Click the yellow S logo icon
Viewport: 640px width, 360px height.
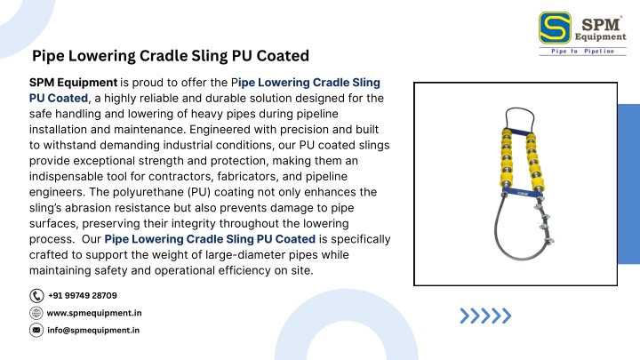(555, 28)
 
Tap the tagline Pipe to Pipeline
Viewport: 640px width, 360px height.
(582, 51)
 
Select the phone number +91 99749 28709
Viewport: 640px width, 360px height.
(83, 295)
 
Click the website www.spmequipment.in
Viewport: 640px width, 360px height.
(94, 313)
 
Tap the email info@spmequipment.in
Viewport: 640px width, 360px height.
(93, 330)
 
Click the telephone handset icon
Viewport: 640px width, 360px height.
(36, 295)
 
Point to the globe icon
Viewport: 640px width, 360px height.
(36, 313)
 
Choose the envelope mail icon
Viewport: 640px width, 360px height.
(36, 330)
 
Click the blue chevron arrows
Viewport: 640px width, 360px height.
(485, 316)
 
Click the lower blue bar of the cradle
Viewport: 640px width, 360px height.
(522, 191)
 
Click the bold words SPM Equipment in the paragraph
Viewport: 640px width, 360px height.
(73, 83)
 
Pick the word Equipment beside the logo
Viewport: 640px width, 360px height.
(600, 36)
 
